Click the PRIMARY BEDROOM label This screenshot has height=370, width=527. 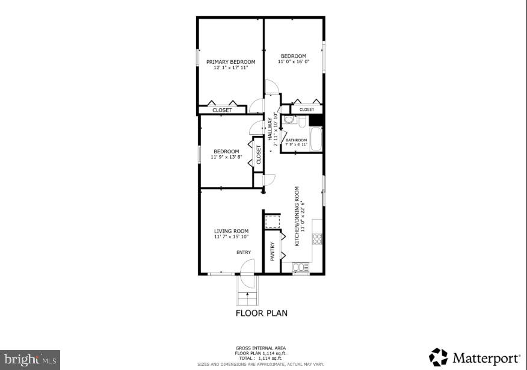(230, 62)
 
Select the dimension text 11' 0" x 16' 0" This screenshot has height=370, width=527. (294, 62)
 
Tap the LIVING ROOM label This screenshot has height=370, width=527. (231, 231)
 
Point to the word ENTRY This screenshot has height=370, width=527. (244, 252)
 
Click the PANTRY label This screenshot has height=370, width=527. (273, 250)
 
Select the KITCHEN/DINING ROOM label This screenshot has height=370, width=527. (297, 216)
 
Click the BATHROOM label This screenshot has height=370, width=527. (296, 140)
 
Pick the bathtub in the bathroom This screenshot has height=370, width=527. (315, 140)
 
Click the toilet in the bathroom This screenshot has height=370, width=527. (303, 122)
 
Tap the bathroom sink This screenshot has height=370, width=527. (288, 120)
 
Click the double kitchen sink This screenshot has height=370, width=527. (300, 267)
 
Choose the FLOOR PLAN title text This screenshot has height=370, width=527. (261, 313)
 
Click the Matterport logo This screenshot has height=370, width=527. (475, 358)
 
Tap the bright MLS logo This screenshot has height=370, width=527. (29, 360)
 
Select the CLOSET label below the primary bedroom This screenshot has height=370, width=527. (222, 110)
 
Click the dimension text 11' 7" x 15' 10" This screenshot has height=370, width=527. (231, 237)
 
